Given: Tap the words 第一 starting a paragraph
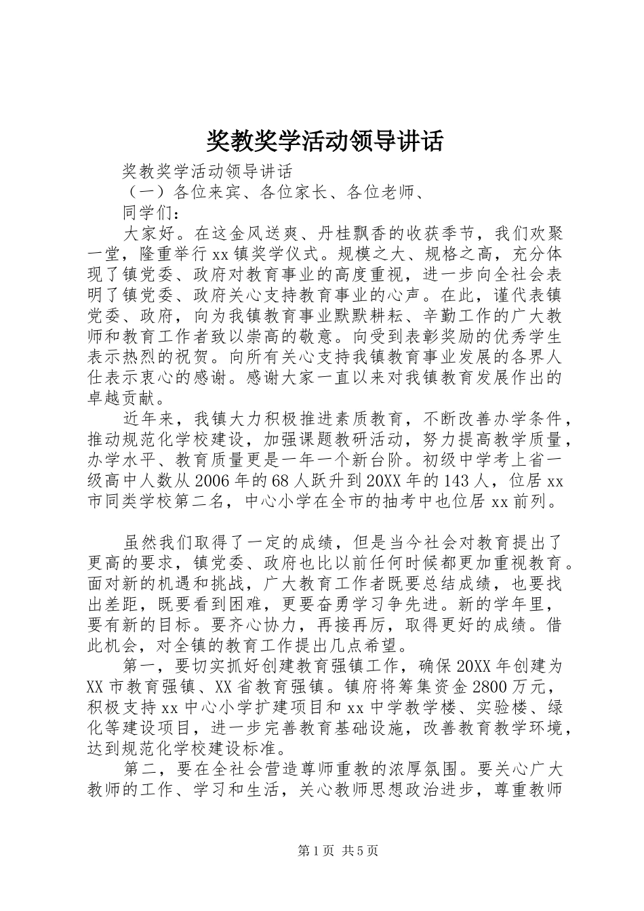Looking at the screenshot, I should pos(140,665).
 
